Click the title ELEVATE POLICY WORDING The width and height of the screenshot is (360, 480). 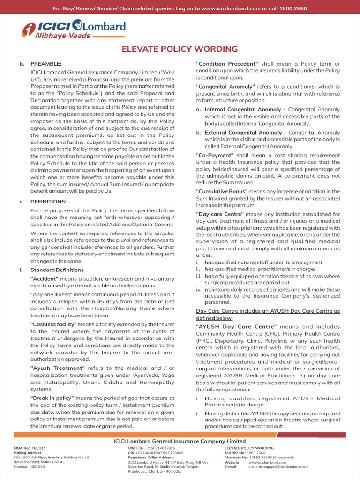coord(180,49)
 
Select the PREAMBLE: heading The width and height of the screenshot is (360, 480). coord(46,64)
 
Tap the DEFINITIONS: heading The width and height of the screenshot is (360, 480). coord(48,202)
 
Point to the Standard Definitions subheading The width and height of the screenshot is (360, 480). coord(57,270)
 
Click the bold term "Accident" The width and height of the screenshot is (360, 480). coord(45,278)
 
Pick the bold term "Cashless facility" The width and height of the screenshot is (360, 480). coord(53,324)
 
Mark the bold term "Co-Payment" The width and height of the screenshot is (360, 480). coord(215,155)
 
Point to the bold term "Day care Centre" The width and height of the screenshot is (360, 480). coord(220,214)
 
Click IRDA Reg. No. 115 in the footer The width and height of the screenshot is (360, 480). coord(30,448)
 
